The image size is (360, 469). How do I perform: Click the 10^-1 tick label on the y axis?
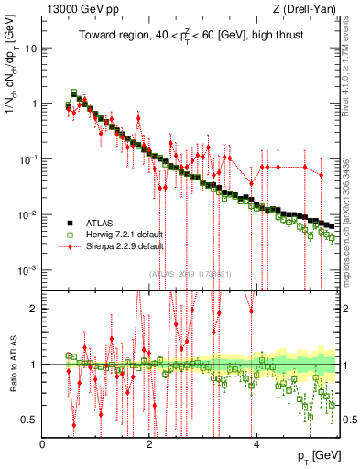pos(27,158)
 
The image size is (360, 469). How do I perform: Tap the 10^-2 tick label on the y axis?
pos(27,214)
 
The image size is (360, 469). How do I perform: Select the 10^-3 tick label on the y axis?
pos(27,270)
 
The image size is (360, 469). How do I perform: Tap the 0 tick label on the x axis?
pos(43,444)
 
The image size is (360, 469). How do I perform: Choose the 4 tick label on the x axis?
pos(256,444)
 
